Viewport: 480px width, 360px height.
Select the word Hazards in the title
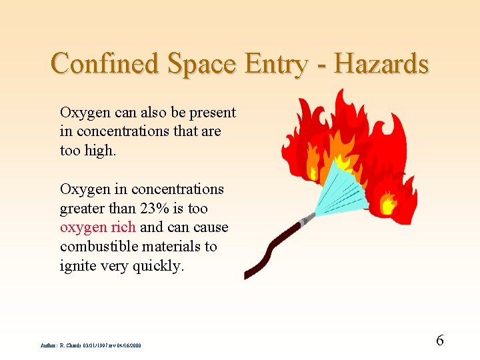point(381,64)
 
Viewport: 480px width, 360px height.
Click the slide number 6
point(439,340)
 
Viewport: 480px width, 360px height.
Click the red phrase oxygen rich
point(98,227)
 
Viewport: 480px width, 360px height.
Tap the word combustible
point(97,247)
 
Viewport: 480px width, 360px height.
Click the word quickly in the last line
point(159,266)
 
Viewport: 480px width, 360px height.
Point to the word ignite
point(78,266)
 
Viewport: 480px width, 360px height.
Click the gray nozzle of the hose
point(307,218)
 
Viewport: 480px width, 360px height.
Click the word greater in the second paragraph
point(82,208)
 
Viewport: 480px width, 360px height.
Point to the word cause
point(210,227)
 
